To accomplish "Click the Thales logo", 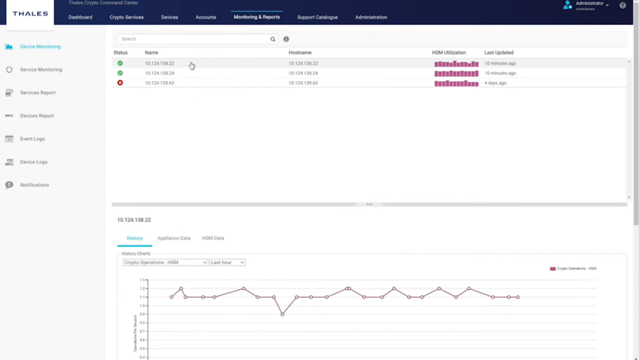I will [30, 14].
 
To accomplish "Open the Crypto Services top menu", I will [126, 17].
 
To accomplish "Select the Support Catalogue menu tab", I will [317, 17].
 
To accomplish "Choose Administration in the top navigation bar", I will [371, 17].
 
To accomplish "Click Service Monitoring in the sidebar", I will [41, 70].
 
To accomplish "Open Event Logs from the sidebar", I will [32, 139].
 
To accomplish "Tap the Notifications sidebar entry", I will [34, 185].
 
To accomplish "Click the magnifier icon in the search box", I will [273, 39].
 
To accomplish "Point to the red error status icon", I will [120, 83].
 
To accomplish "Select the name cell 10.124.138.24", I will [159, 73].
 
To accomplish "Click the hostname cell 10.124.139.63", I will [303, 83].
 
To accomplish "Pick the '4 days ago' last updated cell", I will [495, 83].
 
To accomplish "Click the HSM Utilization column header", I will [449, 52].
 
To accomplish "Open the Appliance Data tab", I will [174, 238].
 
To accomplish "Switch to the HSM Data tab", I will [213, 238].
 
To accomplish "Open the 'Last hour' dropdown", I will [227, 262].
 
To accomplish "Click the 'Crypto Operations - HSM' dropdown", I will [165, 262].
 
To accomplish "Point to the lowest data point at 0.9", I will [282, 314].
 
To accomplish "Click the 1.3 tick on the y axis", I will [142, 280].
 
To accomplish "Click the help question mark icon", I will [622, 6].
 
